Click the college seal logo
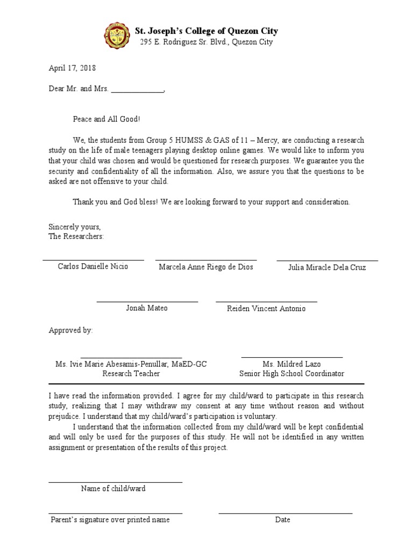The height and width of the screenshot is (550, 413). [x=117, y=35]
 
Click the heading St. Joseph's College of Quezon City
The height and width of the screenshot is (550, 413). [x=206, y=31]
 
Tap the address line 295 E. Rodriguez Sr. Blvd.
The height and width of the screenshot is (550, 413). [x=206, y=42]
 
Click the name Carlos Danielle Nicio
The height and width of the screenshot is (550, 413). [x=93, y=266]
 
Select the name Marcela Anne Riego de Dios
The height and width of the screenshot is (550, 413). [x=206, y=267]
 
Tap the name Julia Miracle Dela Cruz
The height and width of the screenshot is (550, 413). [x=327, y=267]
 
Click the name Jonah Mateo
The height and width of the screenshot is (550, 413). [x=147, y=308]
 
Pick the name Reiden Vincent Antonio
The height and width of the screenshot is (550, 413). [x=266, y=308]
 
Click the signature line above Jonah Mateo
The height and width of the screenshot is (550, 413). [x=147, y=301]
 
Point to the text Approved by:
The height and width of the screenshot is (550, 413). [x=70, y=330]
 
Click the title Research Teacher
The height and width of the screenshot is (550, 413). [x=131, y=373]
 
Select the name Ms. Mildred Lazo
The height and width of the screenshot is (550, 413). [x=291, y=364]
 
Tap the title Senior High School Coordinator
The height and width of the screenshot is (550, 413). [x=291, y=373]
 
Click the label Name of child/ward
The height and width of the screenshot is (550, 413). [x=113, y=488]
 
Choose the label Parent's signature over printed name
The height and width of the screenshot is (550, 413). [x=110, y=519]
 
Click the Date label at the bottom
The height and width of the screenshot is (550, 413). [x=282, y=519]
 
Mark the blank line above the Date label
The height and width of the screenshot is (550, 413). [x=285, y=513]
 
